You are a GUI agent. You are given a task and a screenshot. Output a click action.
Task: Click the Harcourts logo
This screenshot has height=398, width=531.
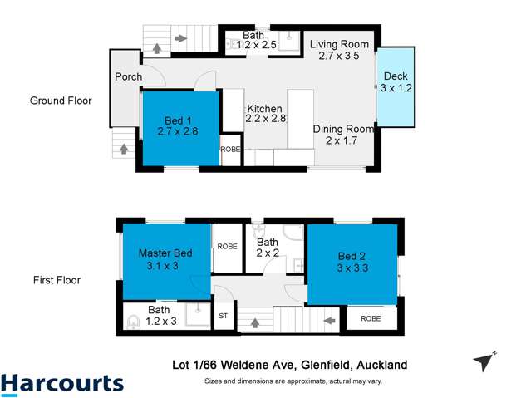(x=62, y=383)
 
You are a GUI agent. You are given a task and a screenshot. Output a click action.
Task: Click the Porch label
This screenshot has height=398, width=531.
(x=129, y=77)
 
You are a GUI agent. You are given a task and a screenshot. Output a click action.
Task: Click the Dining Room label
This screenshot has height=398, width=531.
(x=342, y=135)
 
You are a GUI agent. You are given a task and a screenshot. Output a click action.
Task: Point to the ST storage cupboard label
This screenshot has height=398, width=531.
(x=223, y=316)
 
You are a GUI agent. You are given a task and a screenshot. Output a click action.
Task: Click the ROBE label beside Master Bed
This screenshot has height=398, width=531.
(x=227, y=247)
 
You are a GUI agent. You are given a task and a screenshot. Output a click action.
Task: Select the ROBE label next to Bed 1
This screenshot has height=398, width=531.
(x=230, y=149)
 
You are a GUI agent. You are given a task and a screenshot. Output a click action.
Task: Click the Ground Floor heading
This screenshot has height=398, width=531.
(x=61, y=101)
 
